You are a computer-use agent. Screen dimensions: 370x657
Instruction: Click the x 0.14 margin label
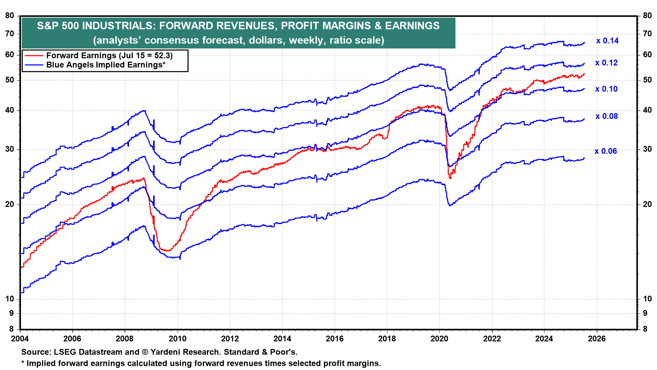pyautogui.click(x=607, y=41)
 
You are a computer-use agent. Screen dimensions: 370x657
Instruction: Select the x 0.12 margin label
pyautogui.click(x=606, y=63)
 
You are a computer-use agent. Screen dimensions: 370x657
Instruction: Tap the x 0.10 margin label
pyautogui.click(x=606, y=89)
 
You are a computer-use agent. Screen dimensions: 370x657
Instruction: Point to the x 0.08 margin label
pyautogui.click(x=607, y=116)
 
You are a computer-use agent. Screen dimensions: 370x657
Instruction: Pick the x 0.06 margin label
pyautogui.click(x=606, y=151)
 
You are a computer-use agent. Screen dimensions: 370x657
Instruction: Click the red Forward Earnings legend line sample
pyautogui.click(x=34, y=56)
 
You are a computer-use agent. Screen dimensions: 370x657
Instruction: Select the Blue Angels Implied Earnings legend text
pyautogui.click(x=106, y=65)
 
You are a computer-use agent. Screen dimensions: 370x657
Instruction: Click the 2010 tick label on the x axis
pyautogui.click(x=178, y=339)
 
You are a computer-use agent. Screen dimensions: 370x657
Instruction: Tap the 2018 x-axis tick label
pyautogui.click(x=387, y=339)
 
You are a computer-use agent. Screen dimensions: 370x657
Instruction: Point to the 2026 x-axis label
pyautogui.click(x=597, y=339)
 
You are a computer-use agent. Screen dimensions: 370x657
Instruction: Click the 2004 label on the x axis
pyautogui.click(x=20, y=339)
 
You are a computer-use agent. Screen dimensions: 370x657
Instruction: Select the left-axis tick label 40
pyautogui.click(x=10, y=110)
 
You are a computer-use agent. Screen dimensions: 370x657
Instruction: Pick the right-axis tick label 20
pyautogui.click(x=647, y=205)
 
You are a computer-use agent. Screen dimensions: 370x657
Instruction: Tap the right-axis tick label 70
pyautogui.click(x=647, y=34)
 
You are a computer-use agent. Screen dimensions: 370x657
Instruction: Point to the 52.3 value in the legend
pyautogui.click(x=162, y=56)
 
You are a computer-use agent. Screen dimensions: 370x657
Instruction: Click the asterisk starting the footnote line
pyautogui.click(x=23, y=363)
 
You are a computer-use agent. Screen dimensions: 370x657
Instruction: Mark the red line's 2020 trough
pyautogui.click(x=450, y=178)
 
